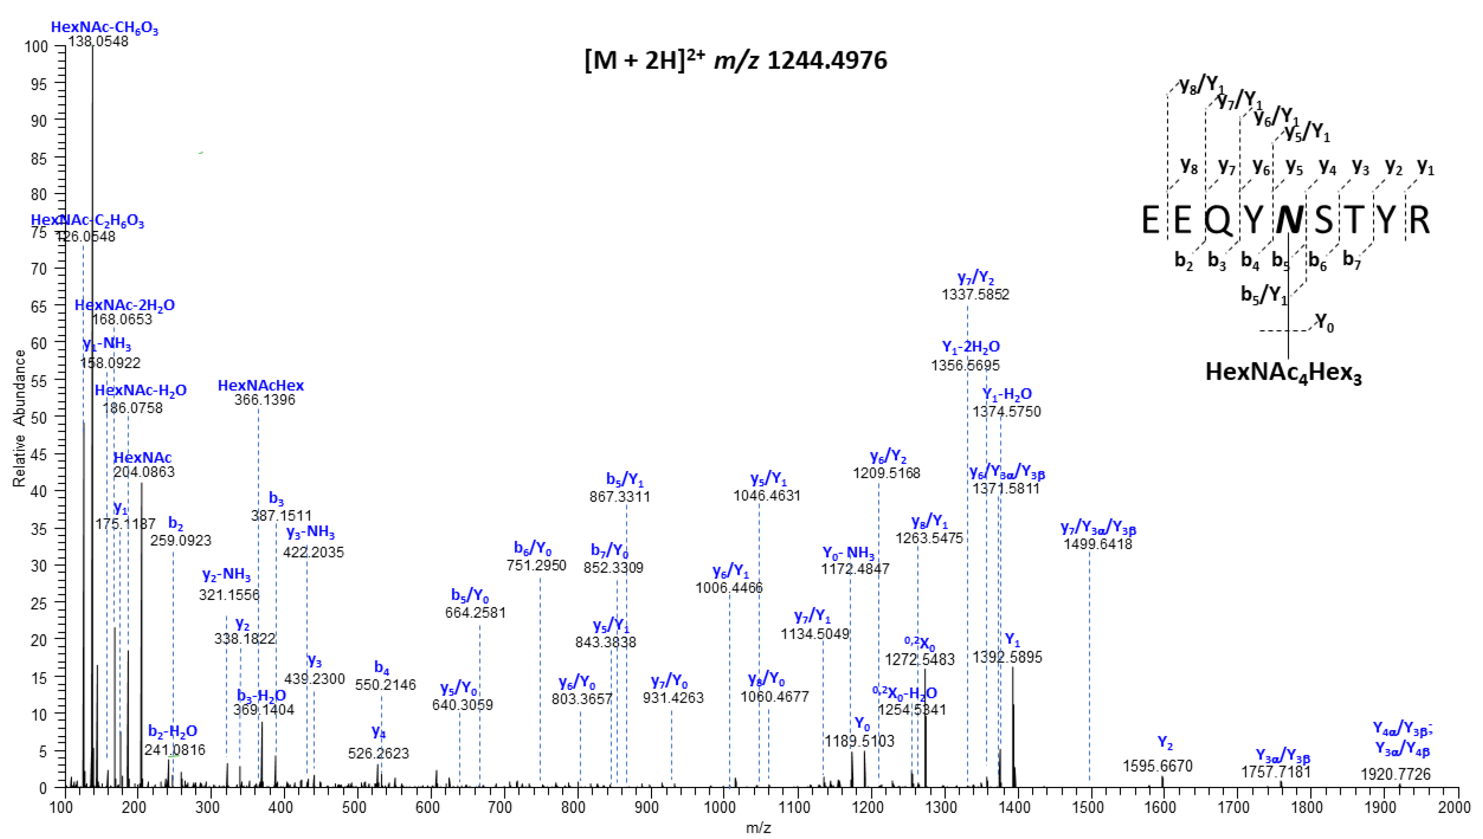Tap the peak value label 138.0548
click(x=98, y=42)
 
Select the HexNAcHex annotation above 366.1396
click(x=261, y=386)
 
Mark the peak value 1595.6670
click(x=1157, y=767)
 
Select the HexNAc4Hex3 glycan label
click(x=1283, y=372)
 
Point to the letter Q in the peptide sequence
click(x=1218, y=221)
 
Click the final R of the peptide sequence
click(x=1419, y=221)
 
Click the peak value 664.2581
click(x=475, y=613)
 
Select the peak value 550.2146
click(x=386, y=685)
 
